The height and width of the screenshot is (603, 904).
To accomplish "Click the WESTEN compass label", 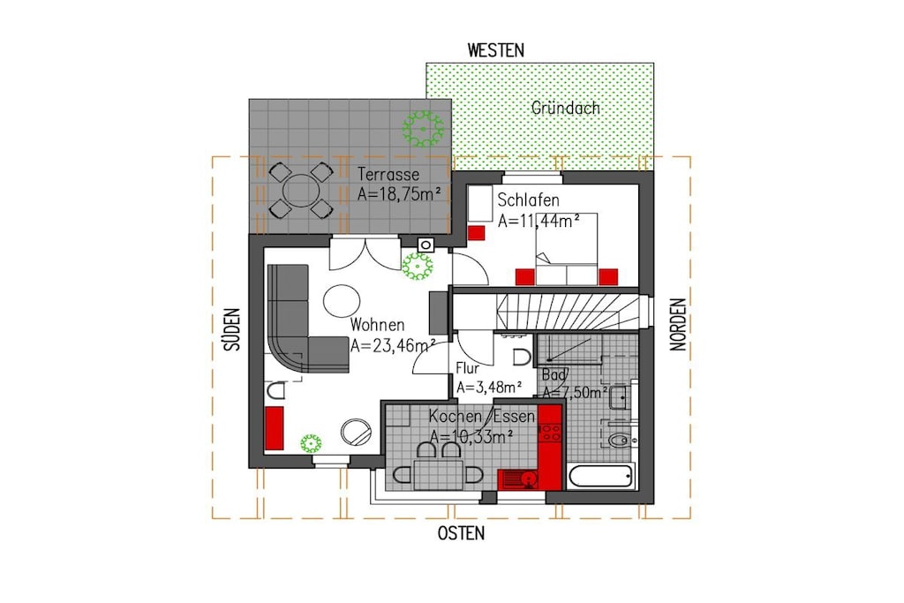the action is coord(496,50).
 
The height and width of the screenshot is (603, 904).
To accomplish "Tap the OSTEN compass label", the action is coord(461,533).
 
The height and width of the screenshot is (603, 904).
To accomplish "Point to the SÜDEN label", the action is coord(232,329).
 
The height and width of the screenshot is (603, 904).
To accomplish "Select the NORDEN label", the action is coord(678,325).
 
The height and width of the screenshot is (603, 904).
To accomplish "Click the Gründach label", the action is coord(566,108).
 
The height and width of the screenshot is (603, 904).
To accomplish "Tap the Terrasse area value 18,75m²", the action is coord(400,193).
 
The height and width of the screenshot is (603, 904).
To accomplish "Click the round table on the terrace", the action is coord(300,190).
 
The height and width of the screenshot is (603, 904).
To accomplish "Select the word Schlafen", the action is coord(528,200).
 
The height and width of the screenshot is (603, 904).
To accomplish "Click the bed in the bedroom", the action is coord(567,249).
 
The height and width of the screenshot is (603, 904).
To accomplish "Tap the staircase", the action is coord(568,312).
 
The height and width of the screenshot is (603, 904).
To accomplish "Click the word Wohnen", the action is coord(377,325).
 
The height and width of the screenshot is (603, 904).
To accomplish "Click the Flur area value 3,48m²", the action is coord(489,388).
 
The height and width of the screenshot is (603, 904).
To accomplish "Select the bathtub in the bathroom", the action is coord(601,476).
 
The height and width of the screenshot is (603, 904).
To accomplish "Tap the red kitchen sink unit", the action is coord(517,479).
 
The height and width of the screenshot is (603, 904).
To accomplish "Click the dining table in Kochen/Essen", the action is coord(438,475).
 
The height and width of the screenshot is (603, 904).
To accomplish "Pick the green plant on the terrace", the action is coord(423,128).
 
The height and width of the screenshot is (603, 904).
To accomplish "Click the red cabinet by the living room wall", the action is coord(275,427).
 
